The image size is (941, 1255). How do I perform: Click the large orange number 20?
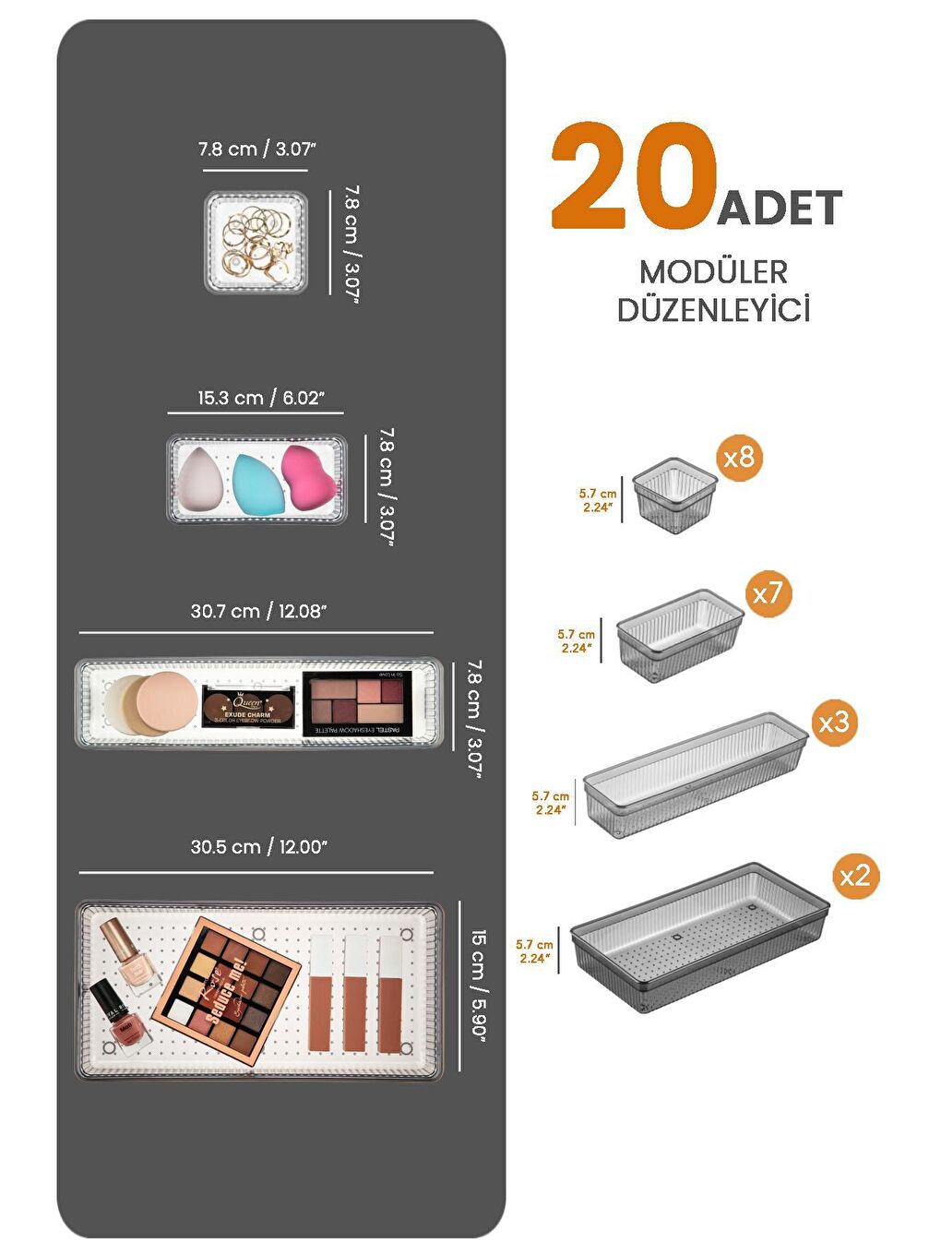pos(635,176)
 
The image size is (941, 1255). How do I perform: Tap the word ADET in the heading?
pos(780,208)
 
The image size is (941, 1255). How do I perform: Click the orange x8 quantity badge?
pos(739,457)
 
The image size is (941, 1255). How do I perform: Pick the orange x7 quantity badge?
pos(768,592)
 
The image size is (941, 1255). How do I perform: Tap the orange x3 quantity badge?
pos(834,722)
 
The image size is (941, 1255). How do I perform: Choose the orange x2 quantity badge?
pos(855,875)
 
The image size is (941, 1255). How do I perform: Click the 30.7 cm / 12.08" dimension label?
pos(258,611)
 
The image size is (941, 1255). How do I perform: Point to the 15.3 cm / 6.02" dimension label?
pos(260,398)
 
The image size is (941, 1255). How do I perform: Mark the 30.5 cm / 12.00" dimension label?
pos(258,847)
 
